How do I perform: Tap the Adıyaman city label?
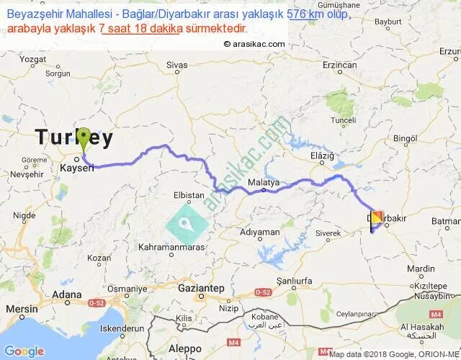(260, 233)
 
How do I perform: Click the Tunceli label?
(344, 120)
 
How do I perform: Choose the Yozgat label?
(36, 60)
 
